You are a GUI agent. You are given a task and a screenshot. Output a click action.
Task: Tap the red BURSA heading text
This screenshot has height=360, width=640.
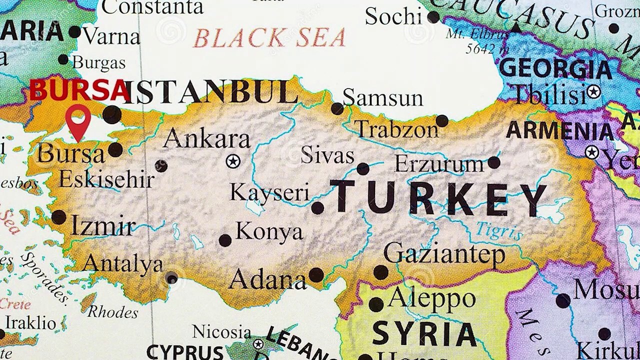click(x=79, y=90)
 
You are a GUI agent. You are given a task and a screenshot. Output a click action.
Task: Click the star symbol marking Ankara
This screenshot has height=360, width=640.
click(x=232, y=161)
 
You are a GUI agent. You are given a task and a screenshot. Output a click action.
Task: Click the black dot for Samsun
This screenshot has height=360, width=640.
click(x=337, y=108)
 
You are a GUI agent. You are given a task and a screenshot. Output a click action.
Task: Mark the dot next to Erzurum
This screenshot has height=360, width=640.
click(x=493, y=162)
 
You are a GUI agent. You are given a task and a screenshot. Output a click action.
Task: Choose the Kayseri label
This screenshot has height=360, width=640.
click(x=269, y=192)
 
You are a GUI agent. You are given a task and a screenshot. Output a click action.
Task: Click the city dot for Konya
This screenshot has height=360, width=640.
click(x=225, y=240)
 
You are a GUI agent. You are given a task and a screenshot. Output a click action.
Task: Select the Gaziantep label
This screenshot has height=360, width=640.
click(x=444, y=254)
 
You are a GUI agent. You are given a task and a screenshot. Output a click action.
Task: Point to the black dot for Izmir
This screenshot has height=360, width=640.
click(x=58, y=217)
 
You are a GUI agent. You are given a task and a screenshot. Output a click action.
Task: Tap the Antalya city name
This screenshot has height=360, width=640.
click(x=123, y=263)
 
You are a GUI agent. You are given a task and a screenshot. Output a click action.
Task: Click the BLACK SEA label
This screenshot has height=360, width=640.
click(x=269, y=38)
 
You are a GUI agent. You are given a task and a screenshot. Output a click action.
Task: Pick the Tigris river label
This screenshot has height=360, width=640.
click(x=498, y=231)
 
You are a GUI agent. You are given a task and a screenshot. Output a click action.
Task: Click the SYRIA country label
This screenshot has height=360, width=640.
click(x=424, y=333)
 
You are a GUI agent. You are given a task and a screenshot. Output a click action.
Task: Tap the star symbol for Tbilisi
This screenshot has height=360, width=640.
click(x=593, y=92)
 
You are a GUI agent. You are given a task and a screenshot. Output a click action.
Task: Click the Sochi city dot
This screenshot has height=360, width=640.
click(x=433, y=17)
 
